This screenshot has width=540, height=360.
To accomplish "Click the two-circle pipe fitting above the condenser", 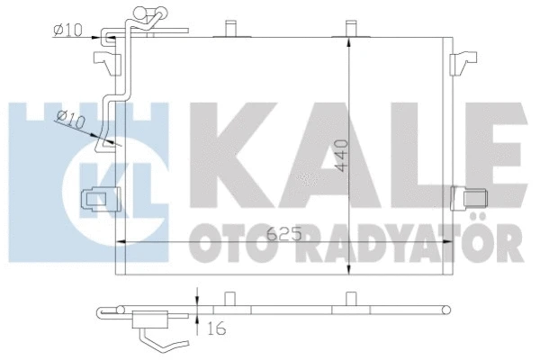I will [x=149, y=15].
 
